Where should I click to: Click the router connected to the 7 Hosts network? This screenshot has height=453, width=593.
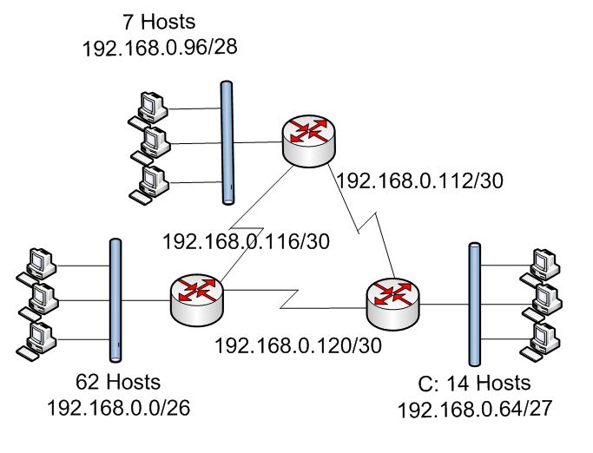(x=310, y=138)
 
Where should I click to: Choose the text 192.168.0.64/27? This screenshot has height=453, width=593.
(x=475, y=407)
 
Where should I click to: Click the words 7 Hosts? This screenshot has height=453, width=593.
(x=160, y=21)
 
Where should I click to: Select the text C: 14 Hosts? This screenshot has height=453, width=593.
(x=475, y=384)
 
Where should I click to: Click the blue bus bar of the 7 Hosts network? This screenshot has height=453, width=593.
(x=227, y=142)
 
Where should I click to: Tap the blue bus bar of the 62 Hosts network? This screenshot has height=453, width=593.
(x=115, y=299)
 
